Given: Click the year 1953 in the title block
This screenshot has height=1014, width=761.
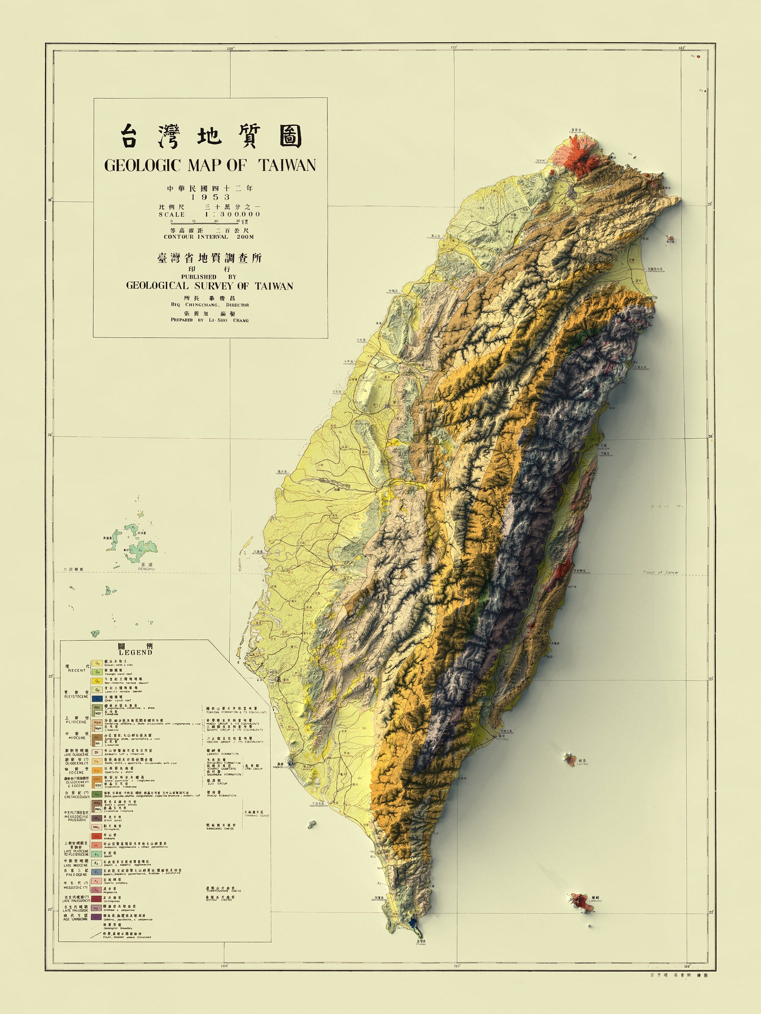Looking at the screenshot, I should click(210, 197).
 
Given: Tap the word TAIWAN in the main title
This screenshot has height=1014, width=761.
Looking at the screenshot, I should click(288, 166).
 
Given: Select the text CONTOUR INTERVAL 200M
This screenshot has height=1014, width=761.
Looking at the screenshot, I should click(208, 237).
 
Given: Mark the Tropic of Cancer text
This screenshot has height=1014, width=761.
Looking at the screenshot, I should click(661, 572).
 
